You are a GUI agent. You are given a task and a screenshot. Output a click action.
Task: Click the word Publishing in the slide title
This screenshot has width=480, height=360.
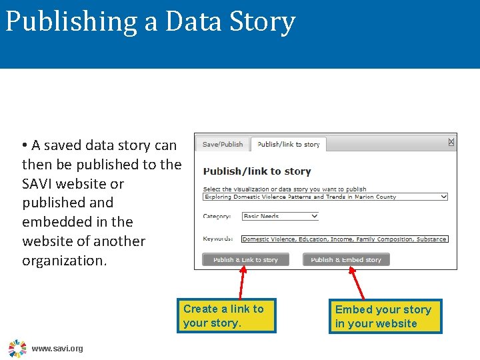pyautogui.click(x=70, y=21)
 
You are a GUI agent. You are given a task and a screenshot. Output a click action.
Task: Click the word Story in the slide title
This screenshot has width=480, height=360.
pyautogui.click(x=263, y=21)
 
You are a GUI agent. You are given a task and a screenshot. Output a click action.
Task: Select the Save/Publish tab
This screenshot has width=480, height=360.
pyautogui.click(x=223, y=144)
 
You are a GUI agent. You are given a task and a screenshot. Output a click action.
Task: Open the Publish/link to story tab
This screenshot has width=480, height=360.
pyautogui.click(x=288, y=144)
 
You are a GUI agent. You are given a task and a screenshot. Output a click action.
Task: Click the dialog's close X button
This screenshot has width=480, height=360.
pyautogui.click(x=451, y=142)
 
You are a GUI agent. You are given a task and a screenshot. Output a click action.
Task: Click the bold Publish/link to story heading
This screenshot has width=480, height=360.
pyautogui.click(x=257, y=171)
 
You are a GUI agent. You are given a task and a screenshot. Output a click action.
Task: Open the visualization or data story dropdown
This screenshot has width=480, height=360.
pyautogui.click(x=325, y=197)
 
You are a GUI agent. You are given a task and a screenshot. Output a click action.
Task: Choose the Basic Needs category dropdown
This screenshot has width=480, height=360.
pyautogui.click(x=281, y=216)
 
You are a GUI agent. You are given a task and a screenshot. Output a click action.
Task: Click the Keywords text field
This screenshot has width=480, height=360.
pyautogui.click(x=345, y=239)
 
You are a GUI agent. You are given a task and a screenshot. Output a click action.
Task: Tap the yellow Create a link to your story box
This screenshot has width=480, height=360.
pyautogui.click(x=226, y=315)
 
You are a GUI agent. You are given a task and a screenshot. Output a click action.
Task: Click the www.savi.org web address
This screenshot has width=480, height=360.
pyautogui.click(x=57, y=349)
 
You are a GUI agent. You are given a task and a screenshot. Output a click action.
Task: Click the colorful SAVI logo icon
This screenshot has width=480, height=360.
pyautogui.click(x=17, y=348)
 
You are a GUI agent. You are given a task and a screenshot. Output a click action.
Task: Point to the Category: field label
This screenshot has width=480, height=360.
pyautogui.click(x=217, y=216)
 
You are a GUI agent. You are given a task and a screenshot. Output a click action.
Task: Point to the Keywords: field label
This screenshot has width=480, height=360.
pyautogui.click(x=218, y=239)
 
